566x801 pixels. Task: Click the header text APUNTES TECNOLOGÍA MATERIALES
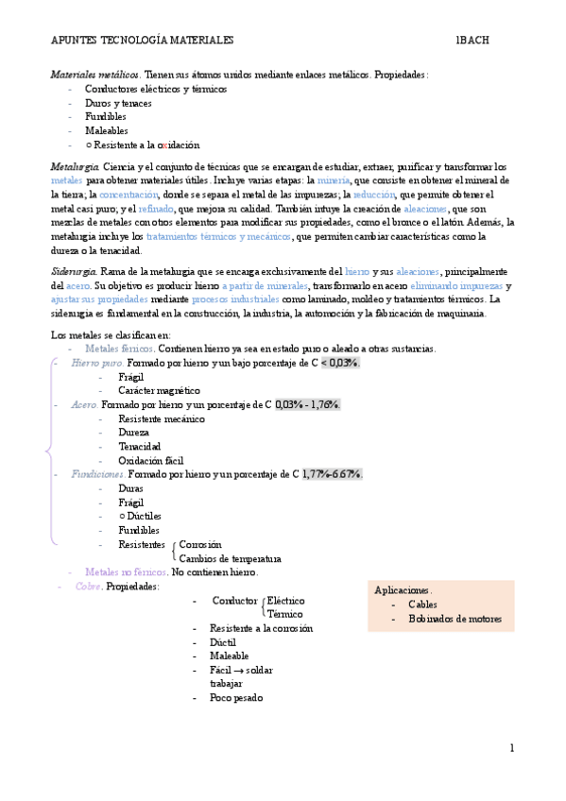(x=142, y=41)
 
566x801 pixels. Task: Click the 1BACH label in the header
(x=472, y=41)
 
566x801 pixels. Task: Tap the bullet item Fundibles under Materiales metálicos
(x=105, y=116)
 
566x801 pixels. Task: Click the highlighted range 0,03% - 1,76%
(x=307, y=404)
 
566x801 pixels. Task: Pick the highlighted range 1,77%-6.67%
(x=332, y=474)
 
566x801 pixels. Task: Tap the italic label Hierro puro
(x=96, y=363)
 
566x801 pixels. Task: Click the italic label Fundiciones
(x=97, y=474)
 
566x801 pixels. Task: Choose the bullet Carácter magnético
(x=159, y=390)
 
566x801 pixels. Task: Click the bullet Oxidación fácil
(x=151, y=460)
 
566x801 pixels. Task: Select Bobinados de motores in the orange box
(x=455, y=620)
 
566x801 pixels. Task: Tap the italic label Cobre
(x=88, y=587)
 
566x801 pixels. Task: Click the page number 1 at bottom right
(x=511, y=748)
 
